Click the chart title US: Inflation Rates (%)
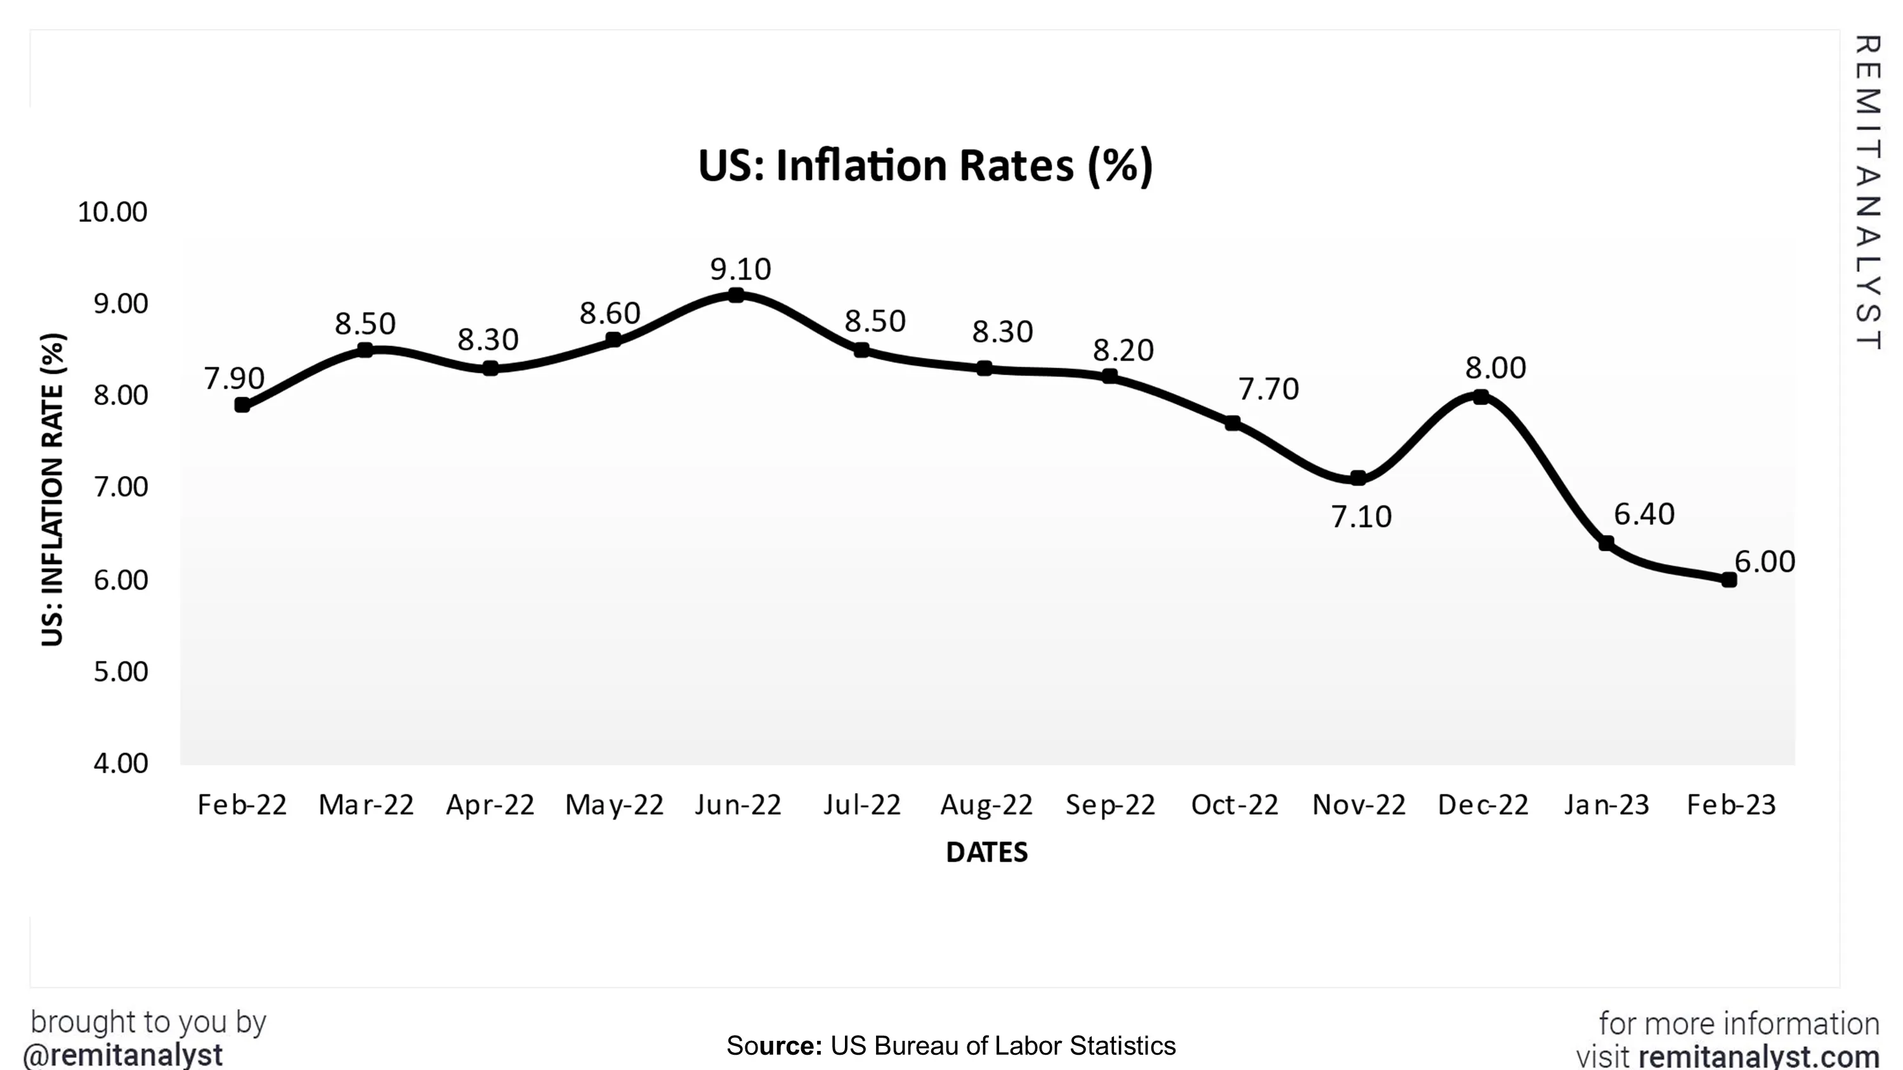(925, 165)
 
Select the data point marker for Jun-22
(736, 295)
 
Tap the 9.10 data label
(740, 269)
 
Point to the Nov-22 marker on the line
(1358, 478)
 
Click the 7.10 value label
(1361, 517)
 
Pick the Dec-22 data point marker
(1481, 397)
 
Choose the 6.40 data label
(1644, 514)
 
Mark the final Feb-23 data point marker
(1729, 579)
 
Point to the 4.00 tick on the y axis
(121, 763)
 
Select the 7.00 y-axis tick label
(121, 487)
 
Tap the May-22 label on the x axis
(614, 805)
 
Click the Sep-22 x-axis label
(1109, 805)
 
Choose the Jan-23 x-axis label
(1606, 805)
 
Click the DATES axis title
(986, 852)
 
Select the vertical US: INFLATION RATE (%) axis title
(53, 489)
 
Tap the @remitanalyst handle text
(122, 1055)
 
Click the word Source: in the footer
(773, 1046)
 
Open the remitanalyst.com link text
(1759, 1057)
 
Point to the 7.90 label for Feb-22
(233, 378)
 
